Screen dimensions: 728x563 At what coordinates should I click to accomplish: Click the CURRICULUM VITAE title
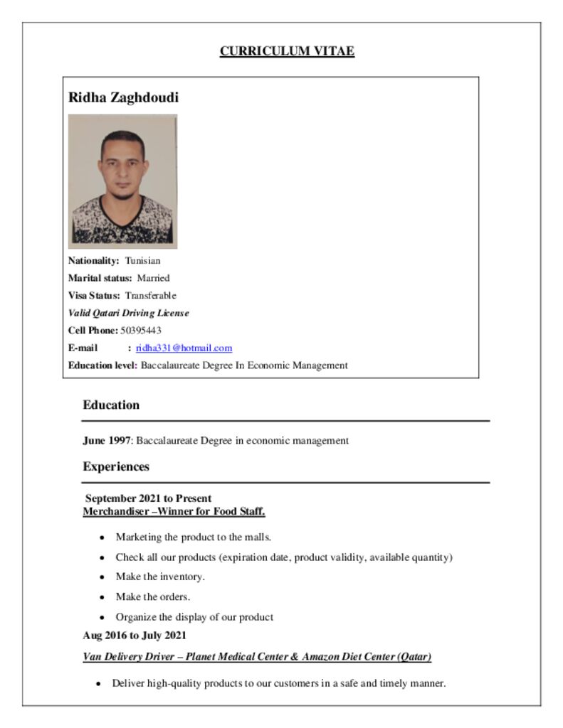point(287,51)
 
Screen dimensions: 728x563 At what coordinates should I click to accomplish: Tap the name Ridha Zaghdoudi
point(123,97)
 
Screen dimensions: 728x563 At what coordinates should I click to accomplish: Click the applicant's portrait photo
point(122,181)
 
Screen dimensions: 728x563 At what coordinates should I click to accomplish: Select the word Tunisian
point(143,261)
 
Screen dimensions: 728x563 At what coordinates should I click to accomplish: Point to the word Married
point(153,278)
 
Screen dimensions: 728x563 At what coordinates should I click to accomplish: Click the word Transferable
point(151,296)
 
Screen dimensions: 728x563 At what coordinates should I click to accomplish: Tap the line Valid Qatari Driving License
point(128,313)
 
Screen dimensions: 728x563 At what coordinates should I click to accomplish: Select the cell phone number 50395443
point(141,331)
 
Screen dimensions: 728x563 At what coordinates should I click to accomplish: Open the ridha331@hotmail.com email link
point(184,348)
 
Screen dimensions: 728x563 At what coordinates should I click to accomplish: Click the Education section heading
point(111,405)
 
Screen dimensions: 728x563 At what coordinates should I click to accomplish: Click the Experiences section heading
point(116,467)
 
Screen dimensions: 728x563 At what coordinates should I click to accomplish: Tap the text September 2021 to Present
point(148,498)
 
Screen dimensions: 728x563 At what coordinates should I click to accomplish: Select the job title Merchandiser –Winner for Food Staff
point(174,511)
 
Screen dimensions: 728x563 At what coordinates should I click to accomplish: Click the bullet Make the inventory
point(160,577)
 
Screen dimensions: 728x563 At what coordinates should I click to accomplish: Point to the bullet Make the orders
point(153,596)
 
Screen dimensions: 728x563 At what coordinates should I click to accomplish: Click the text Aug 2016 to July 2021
point(135,635)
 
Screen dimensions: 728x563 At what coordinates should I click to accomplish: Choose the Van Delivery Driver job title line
point(257,657)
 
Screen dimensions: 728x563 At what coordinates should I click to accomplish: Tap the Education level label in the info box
point(102,365)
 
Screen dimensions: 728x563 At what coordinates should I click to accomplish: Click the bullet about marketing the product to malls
point(194,537)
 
